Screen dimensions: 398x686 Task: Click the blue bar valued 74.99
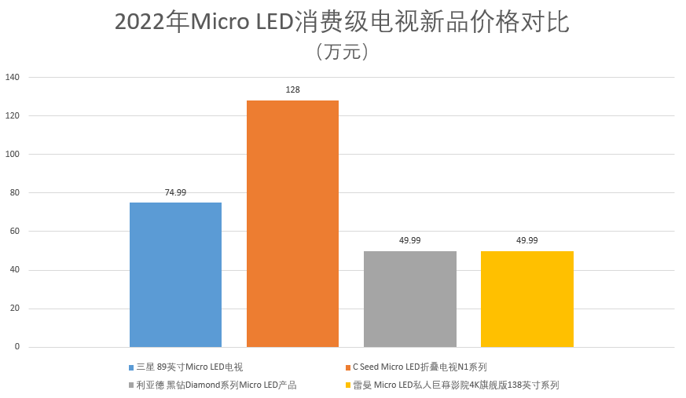click(x=175, y=275)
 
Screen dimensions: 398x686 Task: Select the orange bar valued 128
click(x=292, y=224)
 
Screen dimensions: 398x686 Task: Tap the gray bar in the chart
click(x=409, y=299)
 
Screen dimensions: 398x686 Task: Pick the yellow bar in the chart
click(x=526, y=299)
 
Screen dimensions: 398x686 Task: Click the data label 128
click(x=292, y=90)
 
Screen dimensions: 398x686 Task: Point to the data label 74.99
click(x=175, y=192)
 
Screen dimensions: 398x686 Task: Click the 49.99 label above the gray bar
click(x=409, y=240)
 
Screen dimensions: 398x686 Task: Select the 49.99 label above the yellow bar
click(x=526, y=240)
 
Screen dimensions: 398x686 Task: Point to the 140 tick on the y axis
click(x=13, y=77)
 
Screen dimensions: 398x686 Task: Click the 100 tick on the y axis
click(x=13, y=155)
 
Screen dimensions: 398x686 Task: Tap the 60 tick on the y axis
click(x=14, y=232)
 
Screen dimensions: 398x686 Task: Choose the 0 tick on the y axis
click(x=17, y=347)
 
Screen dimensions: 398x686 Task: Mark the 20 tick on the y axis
click(x=14, y=309)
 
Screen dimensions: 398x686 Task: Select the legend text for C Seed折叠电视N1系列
click(x=420, y=367)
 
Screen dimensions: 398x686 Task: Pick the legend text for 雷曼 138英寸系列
click(x=455, y=385)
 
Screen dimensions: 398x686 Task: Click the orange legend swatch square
click(x=347, y=367)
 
